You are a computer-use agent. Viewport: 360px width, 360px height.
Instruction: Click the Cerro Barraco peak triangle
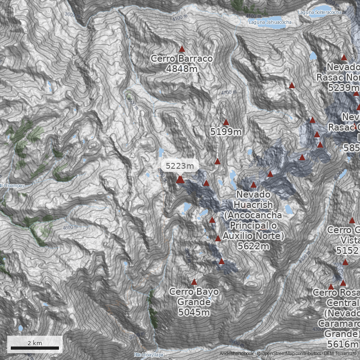coord(182,49)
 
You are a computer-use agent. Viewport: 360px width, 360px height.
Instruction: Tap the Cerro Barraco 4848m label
coord(182,63)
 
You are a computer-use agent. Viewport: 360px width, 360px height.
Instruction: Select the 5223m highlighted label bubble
coord(180,166)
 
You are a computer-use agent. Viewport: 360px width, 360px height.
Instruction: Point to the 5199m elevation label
coord(226,132)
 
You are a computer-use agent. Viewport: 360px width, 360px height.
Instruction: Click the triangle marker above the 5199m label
coord(226,122)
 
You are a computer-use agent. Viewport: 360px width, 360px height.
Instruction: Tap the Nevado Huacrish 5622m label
coord(254,220)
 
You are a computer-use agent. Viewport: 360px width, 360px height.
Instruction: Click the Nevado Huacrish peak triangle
coord(253,184)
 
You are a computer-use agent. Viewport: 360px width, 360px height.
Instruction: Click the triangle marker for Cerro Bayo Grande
coord(194,282)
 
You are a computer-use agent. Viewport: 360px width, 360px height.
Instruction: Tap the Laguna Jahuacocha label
coord(270,22)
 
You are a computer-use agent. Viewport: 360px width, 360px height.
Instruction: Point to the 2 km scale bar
coord(35,347)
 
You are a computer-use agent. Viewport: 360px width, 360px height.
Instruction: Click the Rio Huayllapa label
coord(148,355)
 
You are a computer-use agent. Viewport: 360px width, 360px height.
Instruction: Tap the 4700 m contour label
coord(229,93)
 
